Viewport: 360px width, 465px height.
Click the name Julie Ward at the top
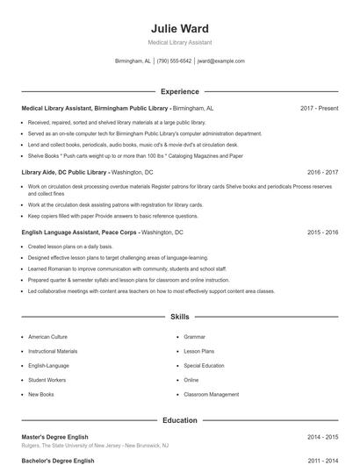pyautogui.click(x=180, y=28)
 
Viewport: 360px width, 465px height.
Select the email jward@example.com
pyautogui.click(x=221, y=61)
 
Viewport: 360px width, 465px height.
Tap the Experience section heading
pyautogui.click(x=180, y=91)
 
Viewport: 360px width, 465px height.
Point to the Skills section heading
pyautogui.click(x=180, y=316)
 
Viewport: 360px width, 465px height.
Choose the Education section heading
pyautogui.click(x=180, y=420)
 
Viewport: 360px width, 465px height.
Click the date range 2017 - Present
pyautogui.click(x=319, y=108)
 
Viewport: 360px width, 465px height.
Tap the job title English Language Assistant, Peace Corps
pyautogui.click(x=78, y=232)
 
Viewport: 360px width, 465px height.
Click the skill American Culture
pyautogui.click(x=47, y=336)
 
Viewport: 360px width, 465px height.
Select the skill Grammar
pyautogui.click(x=194, y=336)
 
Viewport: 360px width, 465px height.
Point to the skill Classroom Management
pyautogui.click(x=211, y=395)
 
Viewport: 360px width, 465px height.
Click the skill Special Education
pyautogui.click(x=204, y=365)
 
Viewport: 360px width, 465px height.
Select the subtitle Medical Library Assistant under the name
pyautogui.click(x=180, y=42)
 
